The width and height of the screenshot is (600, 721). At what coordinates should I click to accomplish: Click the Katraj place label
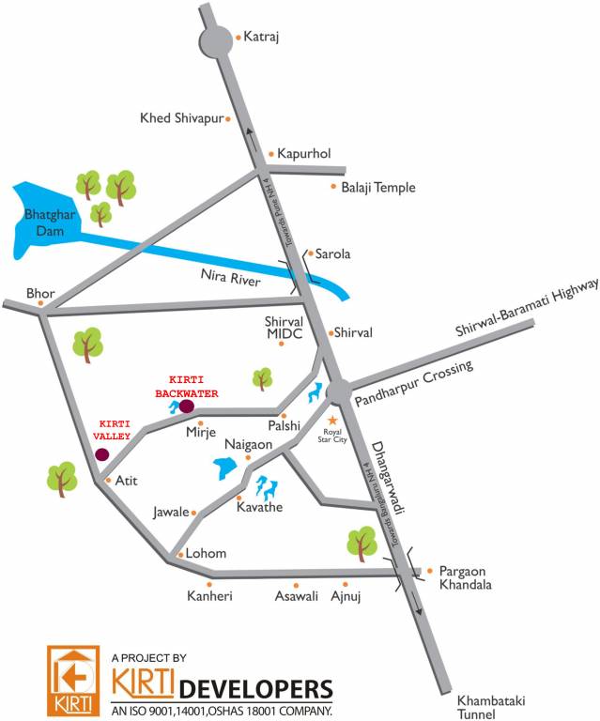click(262, 38)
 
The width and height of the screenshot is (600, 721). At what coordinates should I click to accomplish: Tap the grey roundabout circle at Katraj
click(215, 41)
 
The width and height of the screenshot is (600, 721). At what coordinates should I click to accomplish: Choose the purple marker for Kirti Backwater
click(186, 407)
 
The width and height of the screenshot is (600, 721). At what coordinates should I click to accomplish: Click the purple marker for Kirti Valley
click(101, 454)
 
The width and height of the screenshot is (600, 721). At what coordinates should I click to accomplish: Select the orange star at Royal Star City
click(331, 419)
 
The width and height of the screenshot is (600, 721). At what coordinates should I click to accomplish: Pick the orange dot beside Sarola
click(310, 253)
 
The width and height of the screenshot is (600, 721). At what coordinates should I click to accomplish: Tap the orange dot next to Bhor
click(40, 303)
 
